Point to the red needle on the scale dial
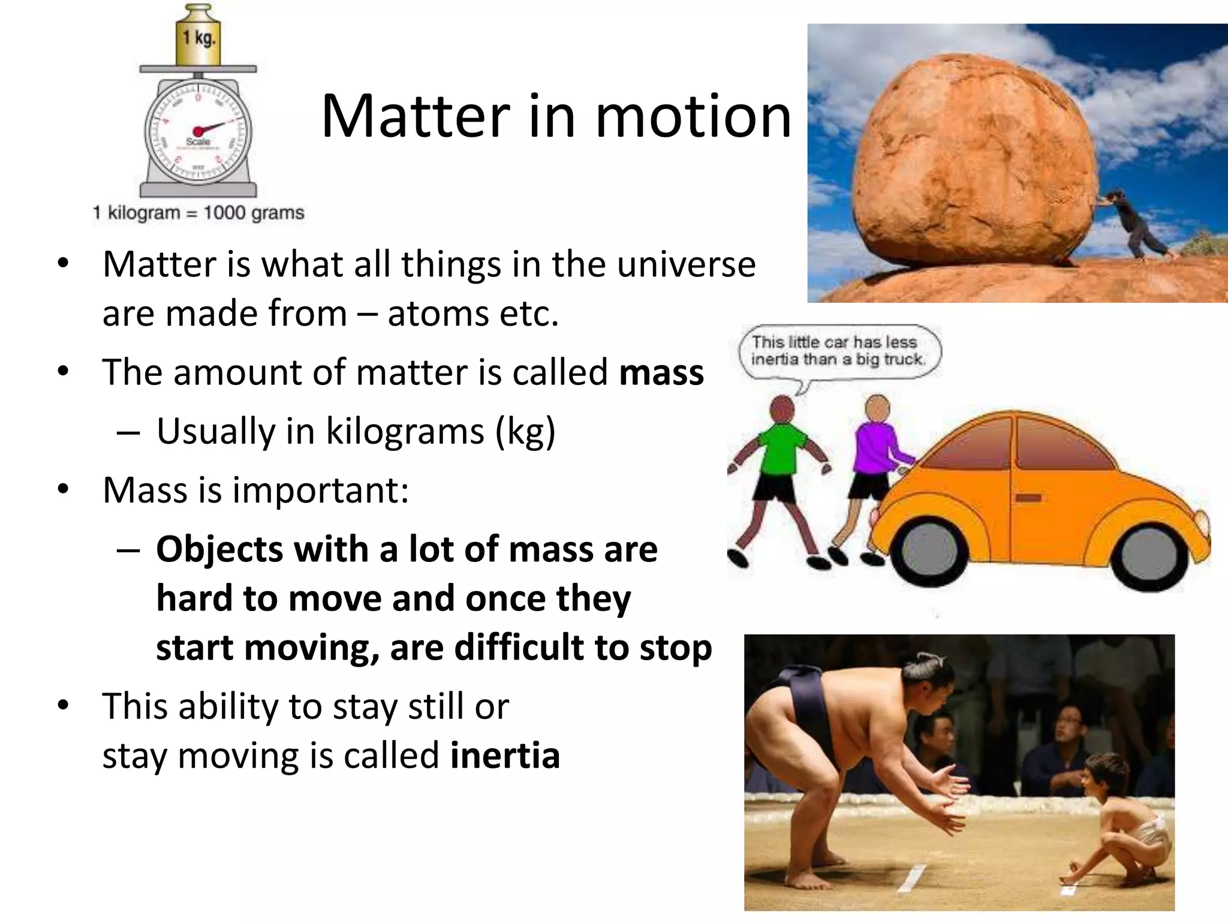(x=210, y=128)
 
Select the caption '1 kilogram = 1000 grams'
(x=198, y=213)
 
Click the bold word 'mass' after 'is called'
(x=661, y=372)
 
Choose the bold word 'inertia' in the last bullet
(x=505, y=756)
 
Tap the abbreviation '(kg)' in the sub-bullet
(x=525, y=432)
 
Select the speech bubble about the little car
(x=839, y=351)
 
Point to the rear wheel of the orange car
(x=927, y=555)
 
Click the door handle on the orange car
(x=1028, y=498)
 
